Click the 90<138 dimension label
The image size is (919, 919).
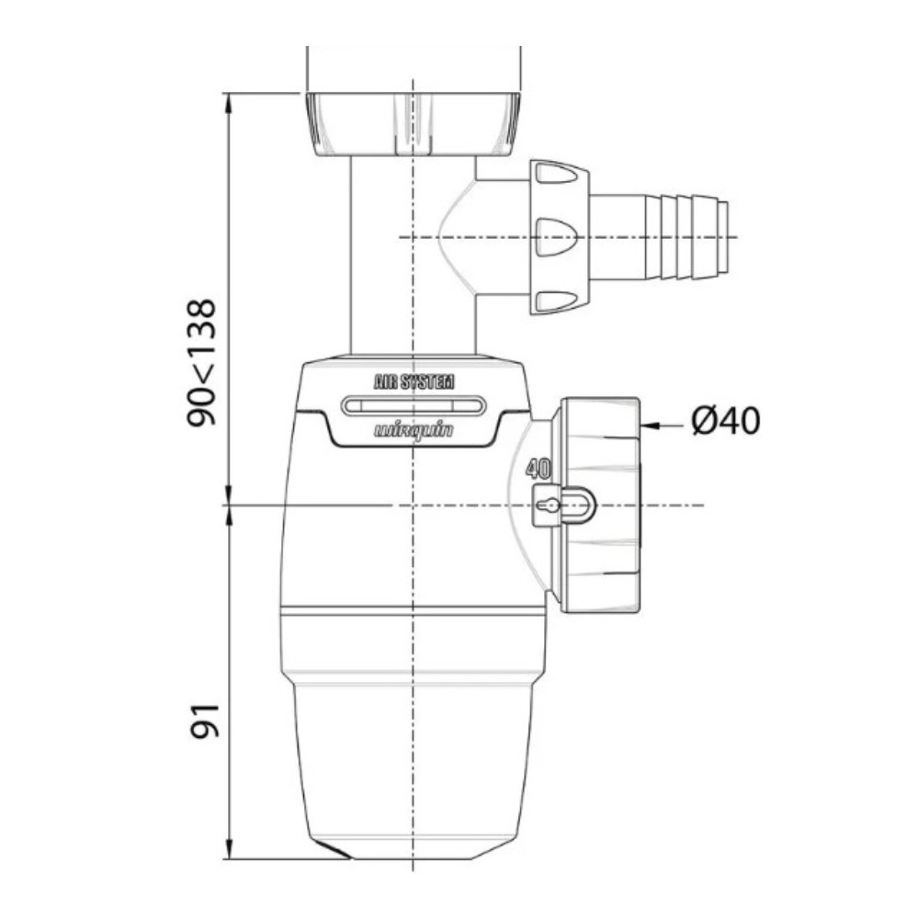click(202, 363)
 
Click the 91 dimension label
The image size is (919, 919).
click(205, 720)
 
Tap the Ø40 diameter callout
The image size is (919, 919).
click(726, 420)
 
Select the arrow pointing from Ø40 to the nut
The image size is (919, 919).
click(663, 423)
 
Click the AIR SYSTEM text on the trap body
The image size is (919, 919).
click(414, 382)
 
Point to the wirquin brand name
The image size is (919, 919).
click(414, 431)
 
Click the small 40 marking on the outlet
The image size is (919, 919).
click(538, 469)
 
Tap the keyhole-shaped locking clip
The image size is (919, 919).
click(562, 505)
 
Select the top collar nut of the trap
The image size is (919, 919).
click(414, 124)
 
